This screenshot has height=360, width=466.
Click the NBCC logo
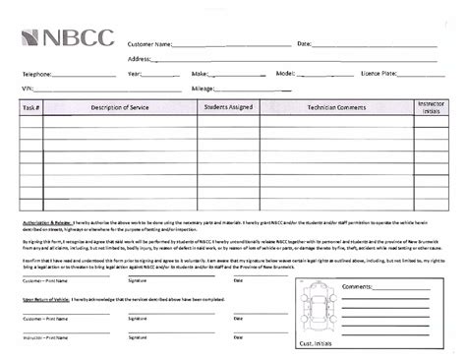[67, 38]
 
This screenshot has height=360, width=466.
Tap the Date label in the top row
[304, 44]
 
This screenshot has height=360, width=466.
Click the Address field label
[139, 59]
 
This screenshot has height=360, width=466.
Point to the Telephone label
[37, 74]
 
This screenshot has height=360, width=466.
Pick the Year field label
[135, 74]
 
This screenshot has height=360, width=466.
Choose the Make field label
[201, 74]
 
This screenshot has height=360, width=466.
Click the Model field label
[285, 74]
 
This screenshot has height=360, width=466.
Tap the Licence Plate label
[379, 74]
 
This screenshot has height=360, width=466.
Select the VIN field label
[28, 89]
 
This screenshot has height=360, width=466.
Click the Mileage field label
[203, 89]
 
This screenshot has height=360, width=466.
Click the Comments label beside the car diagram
[356, 286]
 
